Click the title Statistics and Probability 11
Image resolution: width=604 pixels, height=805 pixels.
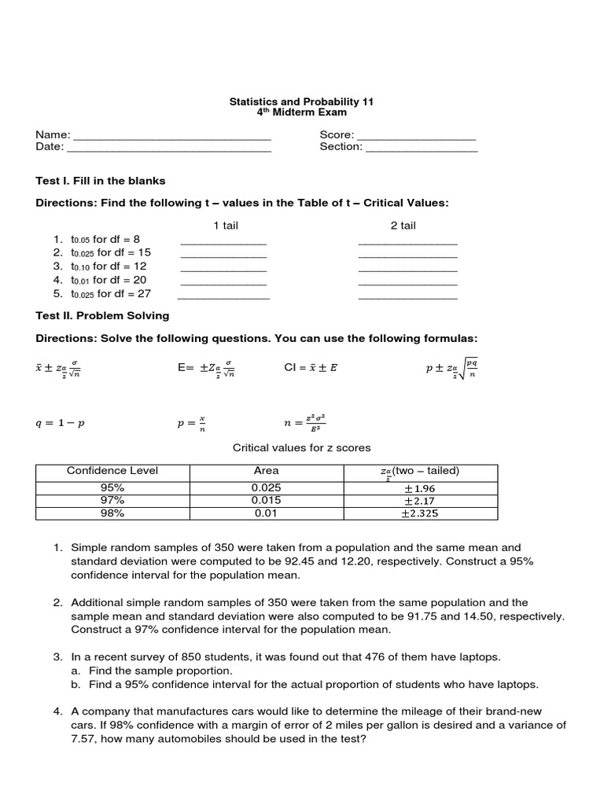click(x=301, y=101)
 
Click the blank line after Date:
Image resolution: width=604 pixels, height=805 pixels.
click(x=169, y=150)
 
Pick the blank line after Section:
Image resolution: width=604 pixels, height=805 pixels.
click(x=422, y=150)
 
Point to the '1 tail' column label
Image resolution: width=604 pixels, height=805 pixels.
click(x=226, y=226)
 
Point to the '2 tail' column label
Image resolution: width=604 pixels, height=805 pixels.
click(x=403, y=226)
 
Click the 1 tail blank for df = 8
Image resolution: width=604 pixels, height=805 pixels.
click(x=223, y=242)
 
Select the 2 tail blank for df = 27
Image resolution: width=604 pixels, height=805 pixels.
click(x=407, y=297)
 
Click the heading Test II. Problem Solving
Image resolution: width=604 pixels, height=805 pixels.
click(x=102, y=316)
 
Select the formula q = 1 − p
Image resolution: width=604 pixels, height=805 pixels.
click(x=61, y=423)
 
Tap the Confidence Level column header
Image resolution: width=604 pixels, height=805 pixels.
click(x=112, y=471)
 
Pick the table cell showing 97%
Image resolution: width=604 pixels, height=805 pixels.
click(x=112, y=500)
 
